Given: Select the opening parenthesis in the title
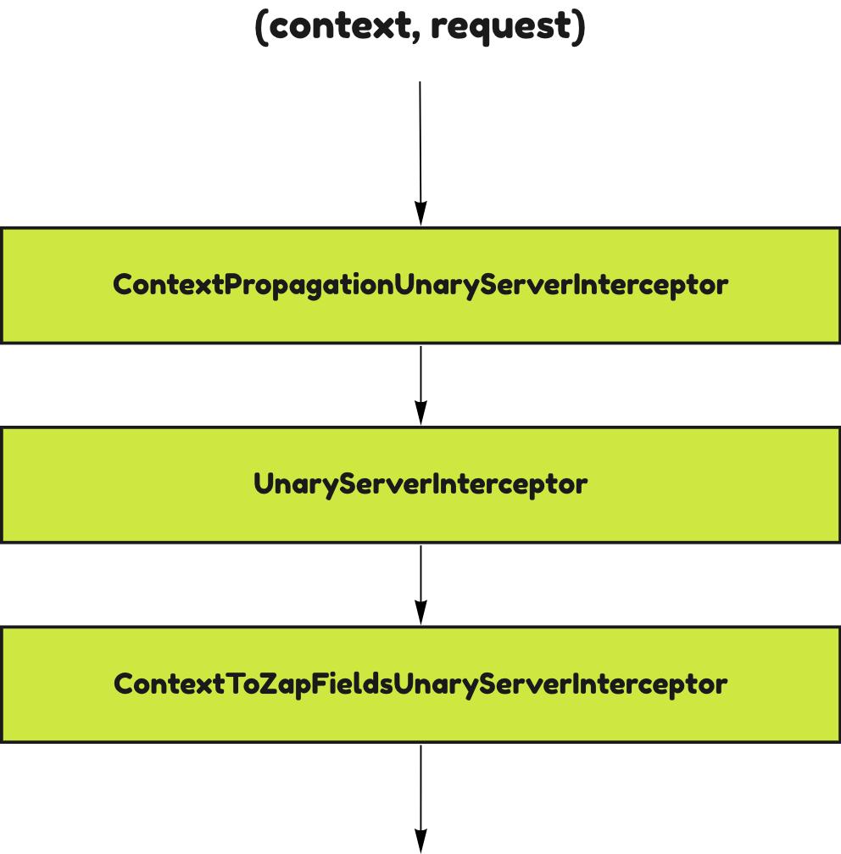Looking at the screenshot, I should point(262,27).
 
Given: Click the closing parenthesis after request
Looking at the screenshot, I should point(579,27).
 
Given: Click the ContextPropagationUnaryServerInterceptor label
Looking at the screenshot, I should point(420,285).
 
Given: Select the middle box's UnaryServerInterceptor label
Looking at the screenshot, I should point(420,484).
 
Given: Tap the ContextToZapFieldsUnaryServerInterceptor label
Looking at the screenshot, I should point(420,684).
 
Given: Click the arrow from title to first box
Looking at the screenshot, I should point(420,144).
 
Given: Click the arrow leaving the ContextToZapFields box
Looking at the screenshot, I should point(420,789).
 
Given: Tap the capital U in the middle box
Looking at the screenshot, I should point(263,484).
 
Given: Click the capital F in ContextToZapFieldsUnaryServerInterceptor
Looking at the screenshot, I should point(320,684).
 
